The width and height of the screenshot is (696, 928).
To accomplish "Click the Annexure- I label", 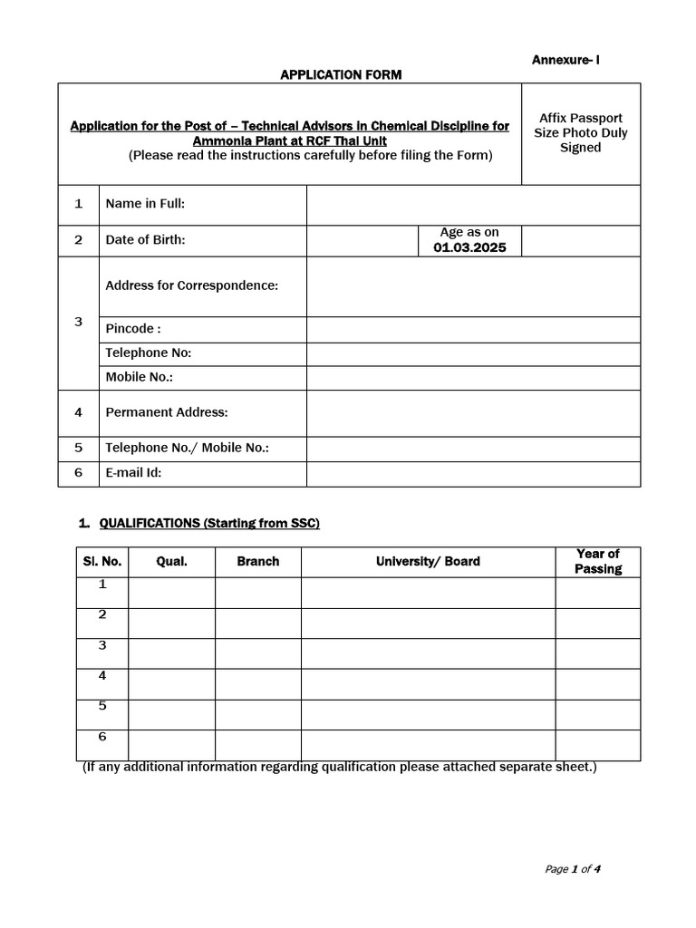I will pos(565,60).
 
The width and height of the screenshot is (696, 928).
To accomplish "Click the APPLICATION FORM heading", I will pos(341,75).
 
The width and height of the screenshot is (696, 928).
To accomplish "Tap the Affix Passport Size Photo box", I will pos(580,133).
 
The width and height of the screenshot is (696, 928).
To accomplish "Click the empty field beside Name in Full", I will pos(473,204).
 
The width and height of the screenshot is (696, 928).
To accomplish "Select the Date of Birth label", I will pos(145,240).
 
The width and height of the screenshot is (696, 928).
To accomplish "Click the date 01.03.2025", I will pos(469,247).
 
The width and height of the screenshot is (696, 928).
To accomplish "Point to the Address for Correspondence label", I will pos(191,285).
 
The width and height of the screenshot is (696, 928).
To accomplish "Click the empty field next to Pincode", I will pos(473,329).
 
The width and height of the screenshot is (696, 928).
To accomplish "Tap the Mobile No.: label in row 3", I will pos(139,377).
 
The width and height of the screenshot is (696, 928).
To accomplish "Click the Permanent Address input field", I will pos(473,412).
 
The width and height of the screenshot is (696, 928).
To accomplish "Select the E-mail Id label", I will pos(133,472).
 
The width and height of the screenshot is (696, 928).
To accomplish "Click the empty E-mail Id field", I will pos(473,472).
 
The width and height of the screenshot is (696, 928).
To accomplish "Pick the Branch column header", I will pos(257,562).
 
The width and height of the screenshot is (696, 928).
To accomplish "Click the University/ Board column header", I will pos(428,562).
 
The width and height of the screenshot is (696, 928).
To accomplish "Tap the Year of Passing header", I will pos(597,562).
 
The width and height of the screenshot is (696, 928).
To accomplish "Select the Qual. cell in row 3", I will pos(171,653).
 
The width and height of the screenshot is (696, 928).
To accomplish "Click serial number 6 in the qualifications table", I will pos(102,737).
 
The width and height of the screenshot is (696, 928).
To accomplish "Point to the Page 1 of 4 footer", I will pos(573,869).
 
